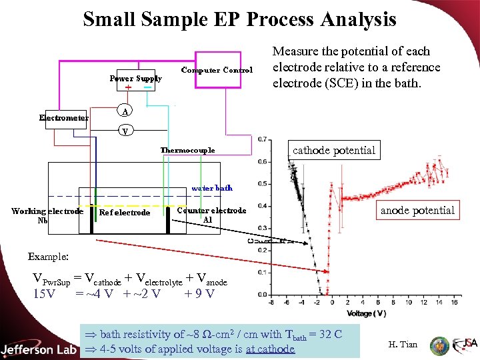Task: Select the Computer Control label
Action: point(217,70)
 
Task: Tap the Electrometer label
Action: point(63,118)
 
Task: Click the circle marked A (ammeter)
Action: point(125,110)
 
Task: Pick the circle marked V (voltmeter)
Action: point(125,131)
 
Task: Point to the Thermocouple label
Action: point(187,150)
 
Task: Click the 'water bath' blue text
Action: point(211,188)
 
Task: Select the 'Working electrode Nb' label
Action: point(47,215)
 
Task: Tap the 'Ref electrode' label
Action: point(124,213)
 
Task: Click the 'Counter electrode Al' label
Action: point(211,215)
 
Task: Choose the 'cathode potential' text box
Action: point(334,151)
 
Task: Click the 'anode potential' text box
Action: point(417,211)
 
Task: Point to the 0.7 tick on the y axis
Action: point(264,139)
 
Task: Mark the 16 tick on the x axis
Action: point(455,303)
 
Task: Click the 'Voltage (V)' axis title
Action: point(366,313)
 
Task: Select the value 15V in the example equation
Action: point(44,294)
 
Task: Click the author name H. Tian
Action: point(402,345)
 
